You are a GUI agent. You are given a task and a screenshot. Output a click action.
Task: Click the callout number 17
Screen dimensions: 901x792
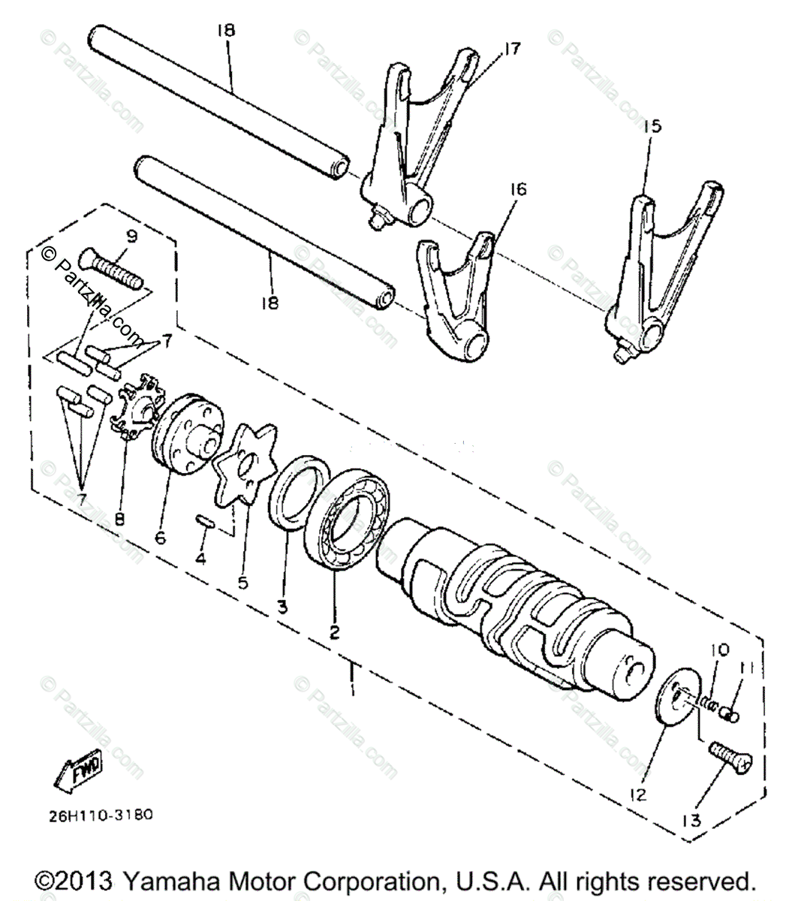[512, 49]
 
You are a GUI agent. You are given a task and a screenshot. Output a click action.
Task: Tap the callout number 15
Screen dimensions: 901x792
[652, 126]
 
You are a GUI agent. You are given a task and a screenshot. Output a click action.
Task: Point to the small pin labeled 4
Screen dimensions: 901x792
[204, 520]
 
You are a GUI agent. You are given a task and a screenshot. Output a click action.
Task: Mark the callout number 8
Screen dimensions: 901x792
[120, 518]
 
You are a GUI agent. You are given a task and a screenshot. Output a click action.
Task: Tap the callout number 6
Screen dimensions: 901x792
[160, 538]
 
